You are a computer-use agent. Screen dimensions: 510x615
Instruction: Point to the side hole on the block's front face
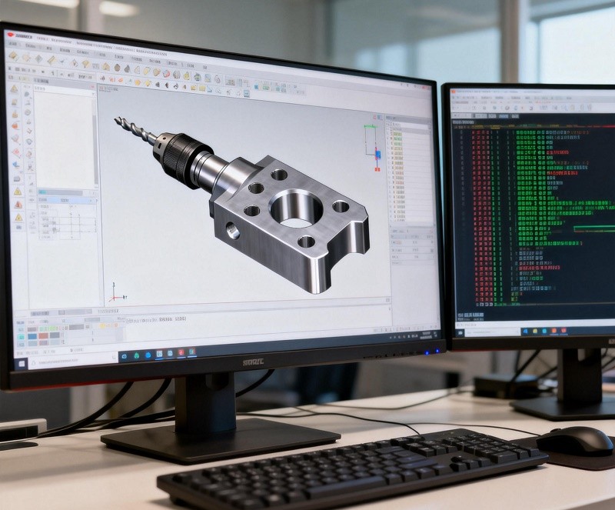pyautogui.click(x=232, y=229)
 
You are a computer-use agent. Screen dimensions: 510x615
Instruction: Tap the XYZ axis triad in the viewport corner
pyautogui.click(x=115, y=292)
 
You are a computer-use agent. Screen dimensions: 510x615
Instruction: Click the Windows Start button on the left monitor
pyautogui.click(x=22, y=362)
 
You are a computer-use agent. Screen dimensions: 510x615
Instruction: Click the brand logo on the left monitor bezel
pyautogui.click(x=253, y=362)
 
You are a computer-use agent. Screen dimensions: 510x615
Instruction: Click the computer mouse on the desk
pyautogui.click(x=574, y=441)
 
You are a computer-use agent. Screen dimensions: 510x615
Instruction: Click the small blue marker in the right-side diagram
pyautogui.click(x=377, y=155)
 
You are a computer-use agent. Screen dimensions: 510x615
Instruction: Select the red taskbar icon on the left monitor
pyautogui.click(x=181, y=352)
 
